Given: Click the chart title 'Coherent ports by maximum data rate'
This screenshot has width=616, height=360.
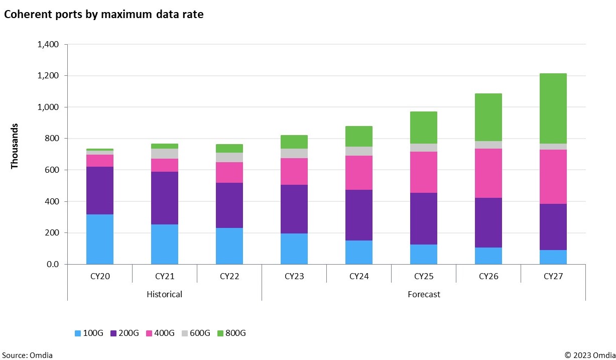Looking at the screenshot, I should pyautogui.click(x=103, y=15).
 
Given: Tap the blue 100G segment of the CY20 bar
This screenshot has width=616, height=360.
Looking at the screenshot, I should pyautogui.click(x=99, y=239).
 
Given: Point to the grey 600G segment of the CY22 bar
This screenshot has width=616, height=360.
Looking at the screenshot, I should pyautogui.click(x=229, y=157).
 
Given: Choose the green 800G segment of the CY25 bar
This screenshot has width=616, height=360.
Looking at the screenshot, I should pyautogui.click(x=423, y=128).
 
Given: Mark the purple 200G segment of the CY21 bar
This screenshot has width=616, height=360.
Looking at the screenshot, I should pyautogui.click(x=164, y=198).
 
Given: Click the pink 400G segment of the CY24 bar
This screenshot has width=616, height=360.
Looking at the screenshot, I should pyautogui.click(x=358, y=173).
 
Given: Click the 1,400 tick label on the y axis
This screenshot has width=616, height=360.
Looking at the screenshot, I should pyautogui.click(x=48, y=44).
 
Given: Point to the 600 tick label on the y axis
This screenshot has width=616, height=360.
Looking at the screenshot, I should pyautogui.click(x=52, y=170).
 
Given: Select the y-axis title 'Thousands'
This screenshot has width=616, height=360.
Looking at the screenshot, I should pyautogui.click(x=15, y=146).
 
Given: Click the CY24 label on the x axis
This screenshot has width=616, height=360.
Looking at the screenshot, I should pyautogui.click(x=358, y=276).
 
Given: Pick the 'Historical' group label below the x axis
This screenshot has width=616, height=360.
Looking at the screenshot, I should pyautogui.click(x=164, y=294).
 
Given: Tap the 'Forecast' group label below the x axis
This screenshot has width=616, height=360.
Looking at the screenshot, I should pyautogui.click(x=423, y=294).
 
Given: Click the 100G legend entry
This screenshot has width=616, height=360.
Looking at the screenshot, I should pyautogui.click(x=89, y=333).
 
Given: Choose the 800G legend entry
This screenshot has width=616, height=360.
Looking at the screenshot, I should pyautogui.click(x=231, y=333).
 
